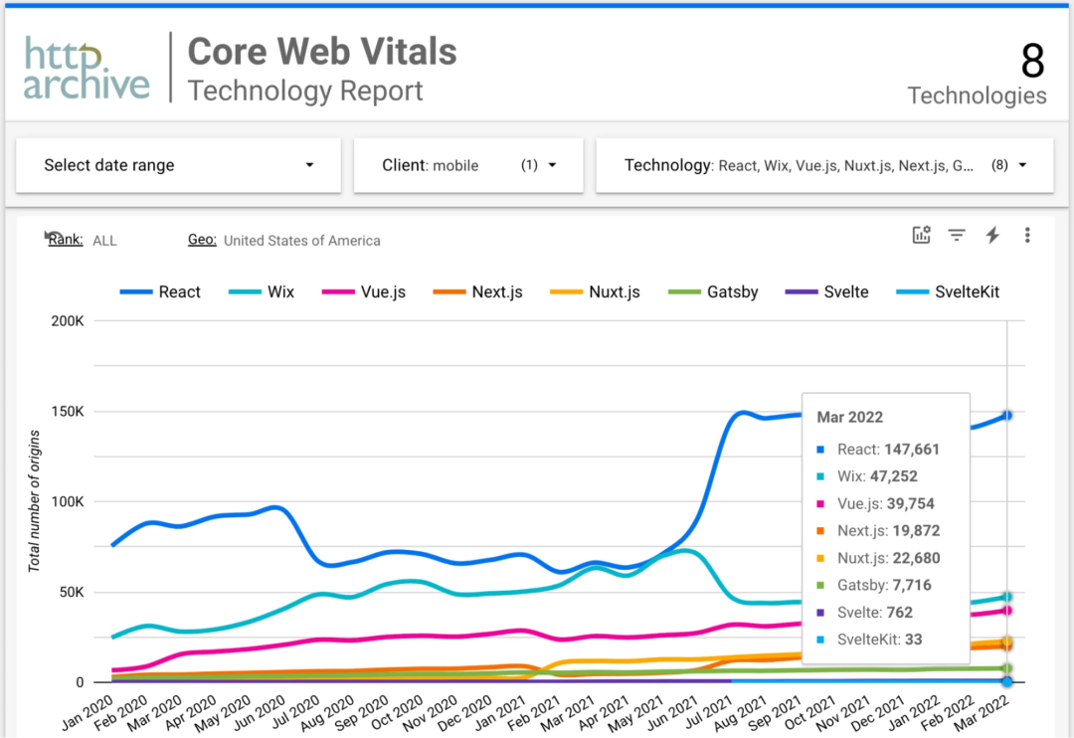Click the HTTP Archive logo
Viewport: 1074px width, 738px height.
[x=87, y=69]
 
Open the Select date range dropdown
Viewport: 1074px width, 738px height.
[x=178, y=165]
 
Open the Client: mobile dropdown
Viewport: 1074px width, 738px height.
[x=468, y=165]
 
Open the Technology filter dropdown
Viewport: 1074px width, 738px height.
[x=823, y=165]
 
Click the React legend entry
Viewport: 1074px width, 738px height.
[x=160, y=291]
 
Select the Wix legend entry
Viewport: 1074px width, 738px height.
[x=262, y=291]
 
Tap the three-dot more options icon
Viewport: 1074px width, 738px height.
[x=1027, y=235]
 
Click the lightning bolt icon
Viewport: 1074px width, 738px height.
[x=991, y=235]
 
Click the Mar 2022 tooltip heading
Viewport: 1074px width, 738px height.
[x=850, y=417]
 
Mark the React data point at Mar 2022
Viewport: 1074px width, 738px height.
[x=1007, y=415]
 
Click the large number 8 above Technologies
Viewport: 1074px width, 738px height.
[x=1032, y=62]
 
